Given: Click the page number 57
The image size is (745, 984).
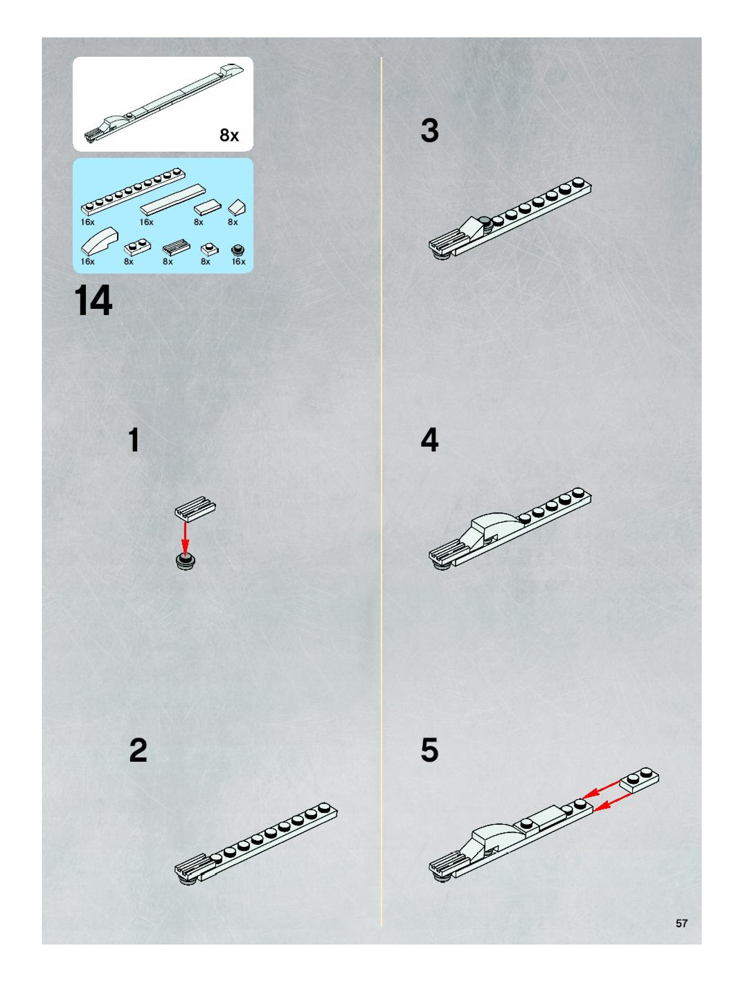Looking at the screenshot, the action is coord(681,923).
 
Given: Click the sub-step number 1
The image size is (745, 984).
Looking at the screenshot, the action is coord(134,440).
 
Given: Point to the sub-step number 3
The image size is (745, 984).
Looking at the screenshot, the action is coord(430,131).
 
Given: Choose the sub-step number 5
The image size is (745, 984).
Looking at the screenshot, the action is coord(430,750).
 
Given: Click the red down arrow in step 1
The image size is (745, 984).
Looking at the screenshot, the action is coord(185,539).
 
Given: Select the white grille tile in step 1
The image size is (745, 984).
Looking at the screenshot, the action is coord(195,509).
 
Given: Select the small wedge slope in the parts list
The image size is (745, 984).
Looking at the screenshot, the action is coord(237,208).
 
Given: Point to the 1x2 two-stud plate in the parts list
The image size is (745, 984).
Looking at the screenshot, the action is coord(137,247).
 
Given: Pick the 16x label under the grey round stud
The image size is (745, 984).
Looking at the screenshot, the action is coord(239,261).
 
